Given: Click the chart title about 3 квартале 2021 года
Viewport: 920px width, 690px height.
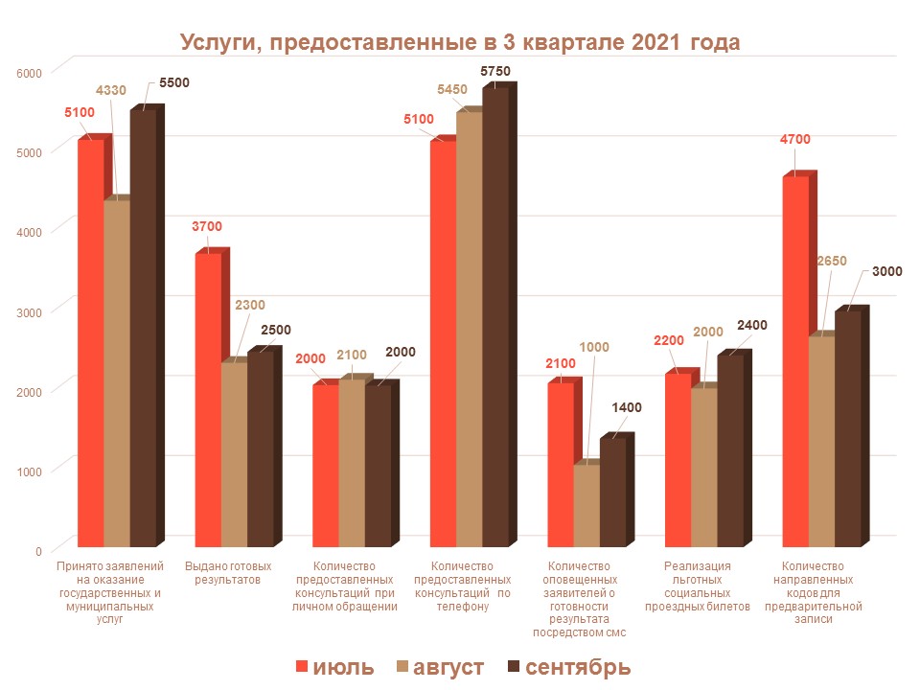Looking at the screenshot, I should [460, 44].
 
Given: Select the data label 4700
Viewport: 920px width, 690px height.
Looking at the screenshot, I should [794, 139].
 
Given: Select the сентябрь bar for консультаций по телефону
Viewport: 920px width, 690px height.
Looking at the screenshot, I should [495, 316].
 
